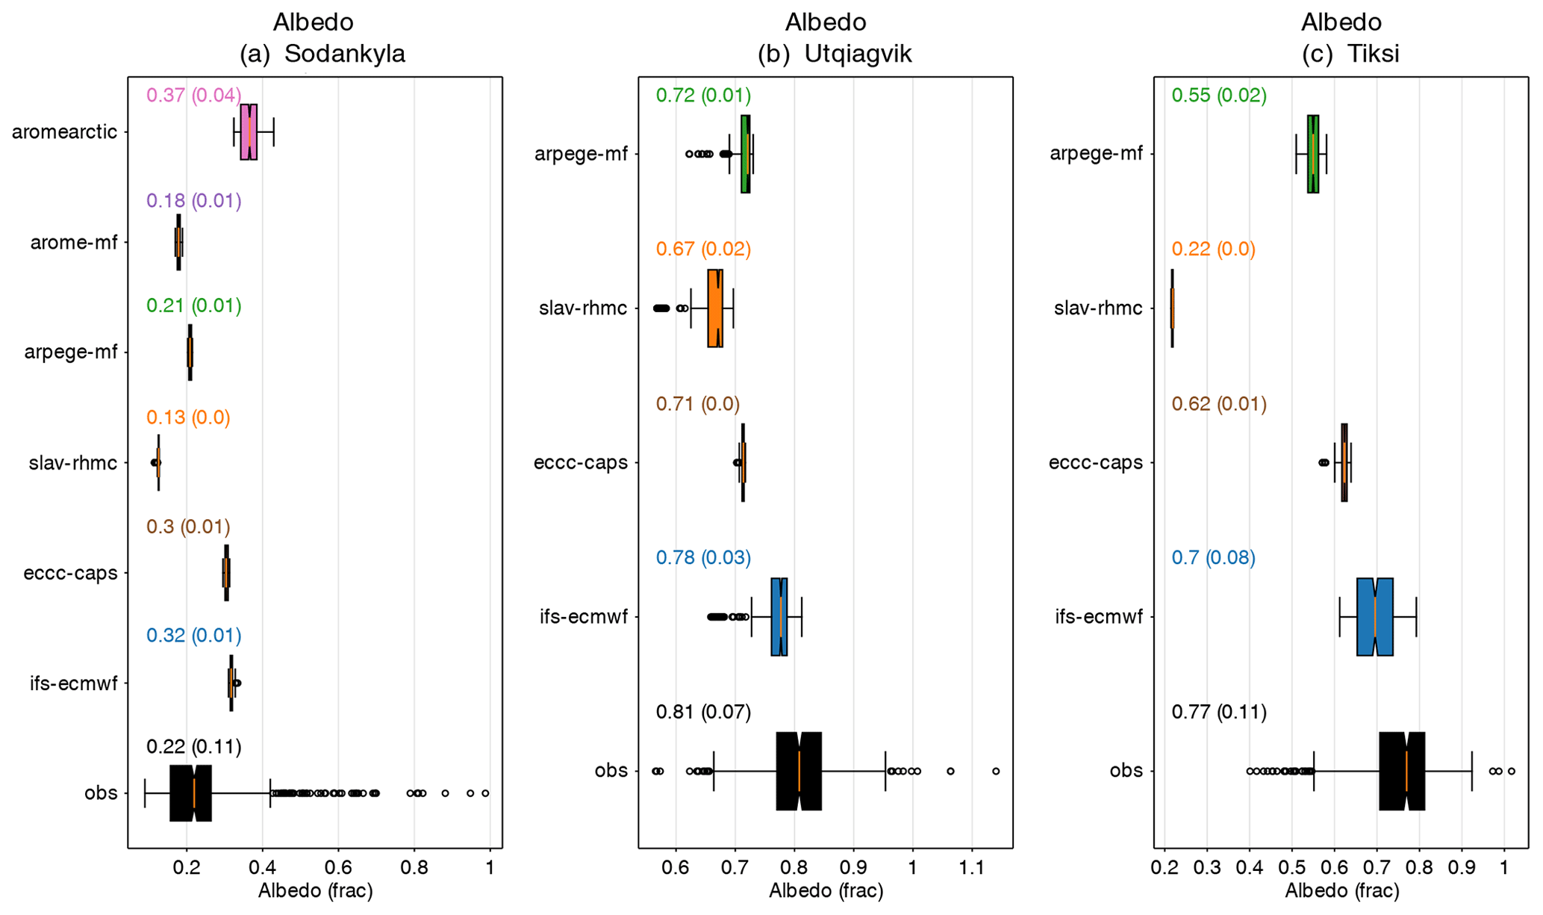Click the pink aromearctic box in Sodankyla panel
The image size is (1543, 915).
[x=249, y=132]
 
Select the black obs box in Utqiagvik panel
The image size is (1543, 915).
[x=799, y=771]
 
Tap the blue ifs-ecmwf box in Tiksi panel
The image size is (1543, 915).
[x=1374, y=617]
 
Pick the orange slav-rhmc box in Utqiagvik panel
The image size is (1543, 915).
[x=715, y=308]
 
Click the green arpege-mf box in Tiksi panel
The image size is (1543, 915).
[x=1312, y=154]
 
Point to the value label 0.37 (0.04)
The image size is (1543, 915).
[x=193, y=96]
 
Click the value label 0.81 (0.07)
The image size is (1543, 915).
[x=703, y=712]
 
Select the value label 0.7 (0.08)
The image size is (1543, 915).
[x=1213, y=558]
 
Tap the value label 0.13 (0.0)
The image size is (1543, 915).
[x=188, y=418]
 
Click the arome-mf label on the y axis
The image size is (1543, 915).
[x=74, y=242]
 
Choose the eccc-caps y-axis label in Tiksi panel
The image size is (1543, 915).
[x=1095, y=463]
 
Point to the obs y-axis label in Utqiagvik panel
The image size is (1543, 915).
[x=611, y=771]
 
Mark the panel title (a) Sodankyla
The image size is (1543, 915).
[x=322, y=54]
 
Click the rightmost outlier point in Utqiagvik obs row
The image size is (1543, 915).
[x=996, y=771]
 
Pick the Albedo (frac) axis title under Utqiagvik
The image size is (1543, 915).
[x=826, y=891]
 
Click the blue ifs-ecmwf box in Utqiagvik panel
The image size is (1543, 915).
[x=779, y=617]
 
